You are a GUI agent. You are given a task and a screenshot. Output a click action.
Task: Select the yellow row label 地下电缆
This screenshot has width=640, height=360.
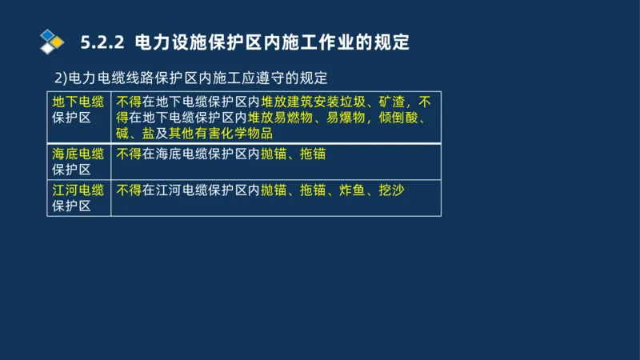click(78, 102)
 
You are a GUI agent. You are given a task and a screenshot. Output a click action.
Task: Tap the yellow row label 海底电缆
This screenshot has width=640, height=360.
click(78, 154)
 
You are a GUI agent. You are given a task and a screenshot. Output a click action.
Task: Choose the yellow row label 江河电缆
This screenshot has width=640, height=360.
click(78, 190)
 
